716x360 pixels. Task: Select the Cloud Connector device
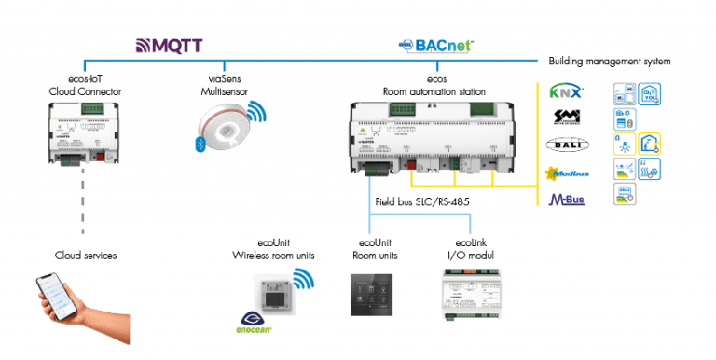(83, 134)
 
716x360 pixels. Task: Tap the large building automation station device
(433, 136)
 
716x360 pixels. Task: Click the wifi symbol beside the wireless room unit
(304, 279)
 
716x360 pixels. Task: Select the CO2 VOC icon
(650, 92)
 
